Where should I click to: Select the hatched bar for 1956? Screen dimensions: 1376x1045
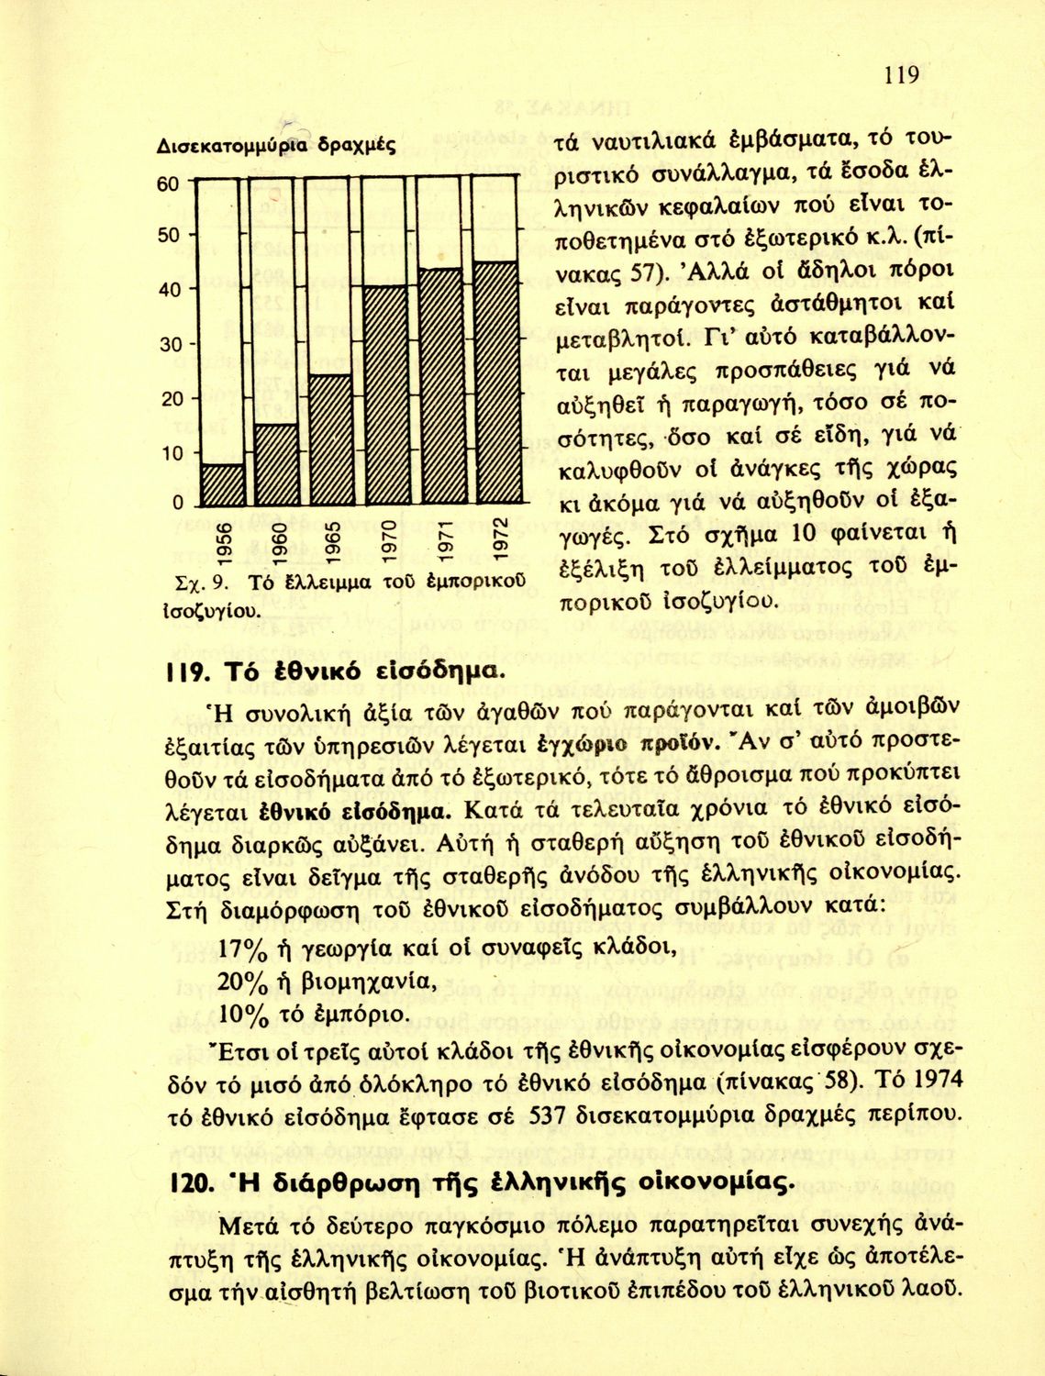pyautogui.click(x=222, y=486)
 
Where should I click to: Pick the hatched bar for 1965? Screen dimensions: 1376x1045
pyautogui.click(x=330, y=441)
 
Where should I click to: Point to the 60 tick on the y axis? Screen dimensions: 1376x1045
pyautogui.click(x=167, y=183)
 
